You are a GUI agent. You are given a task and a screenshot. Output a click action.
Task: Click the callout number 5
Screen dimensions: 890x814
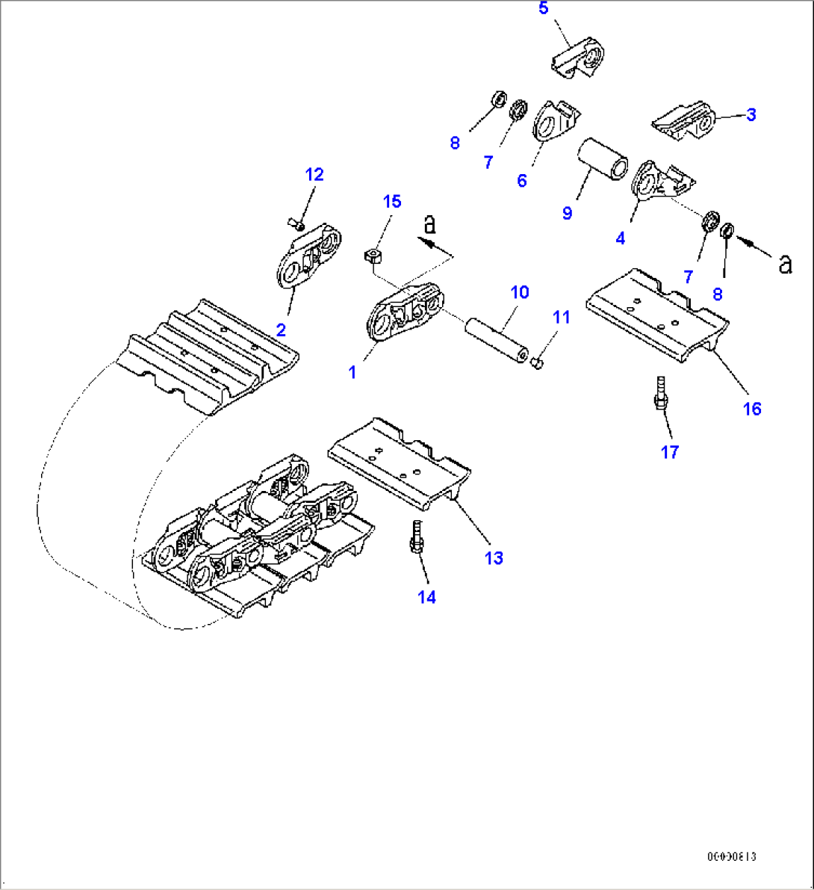pos(543,8)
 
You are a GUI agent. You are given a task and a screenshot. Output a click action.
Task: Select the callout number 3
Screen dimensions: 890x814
pos(751,114)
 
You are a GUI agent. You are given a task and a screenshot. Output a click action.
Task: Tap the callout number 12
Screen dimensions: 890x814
pos(314,175)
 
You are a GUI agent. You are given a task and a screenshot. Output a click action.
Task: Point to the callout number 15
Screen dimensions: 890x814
pos(392,202)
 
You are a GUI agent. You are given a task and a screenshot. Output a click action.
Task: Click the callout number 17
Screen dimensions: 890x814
pos(670,452)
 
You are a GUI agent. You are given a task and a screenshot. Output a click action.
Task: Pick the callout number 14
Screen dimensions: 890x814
pos(426,597)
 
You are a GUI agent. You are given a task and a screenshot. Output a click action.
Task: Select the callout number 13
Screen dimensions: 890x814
pos(494,558)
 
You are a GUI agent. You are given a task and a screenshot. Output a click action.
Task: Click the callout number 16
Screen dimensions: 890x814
pos(751,409)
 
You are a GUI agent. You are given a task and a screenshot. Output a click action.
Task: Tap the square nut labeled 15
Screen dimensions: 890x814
pos(373,256)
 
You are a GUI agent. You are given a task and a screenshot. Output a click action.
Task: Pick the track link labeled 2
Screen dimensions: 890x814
pos(308,257)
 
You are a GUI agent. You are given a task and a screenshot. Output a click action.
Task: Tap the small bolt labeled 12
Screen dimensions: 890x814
pos(296,222)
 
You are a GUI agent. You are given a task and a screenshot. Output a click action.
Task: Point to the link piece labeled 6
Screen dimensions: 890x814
pos(554,122)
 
